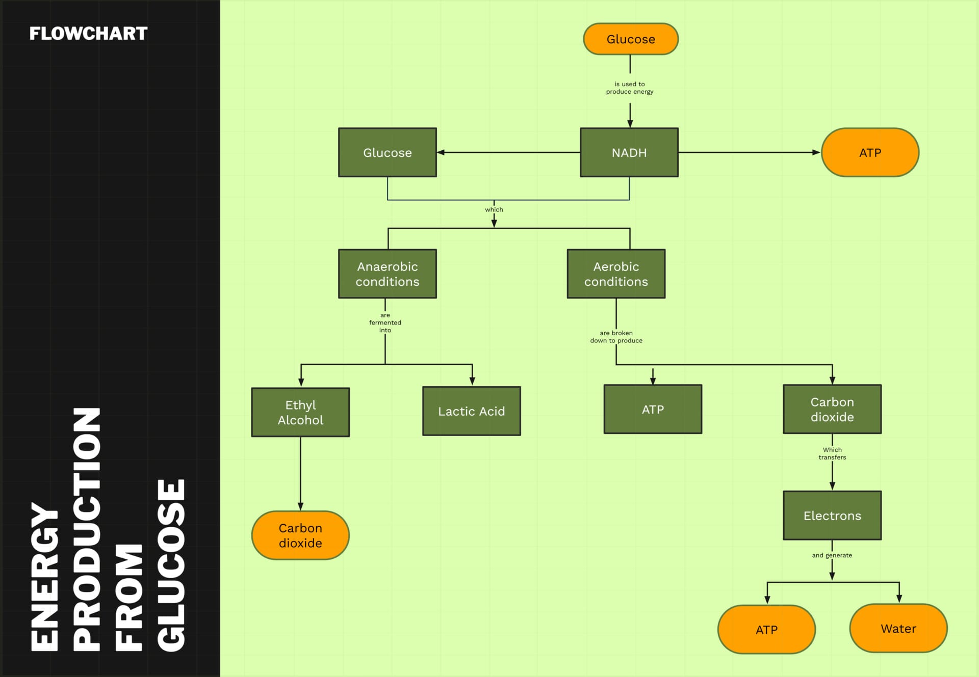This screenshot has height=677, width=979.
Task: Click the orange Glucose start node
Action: click(x=631, y=39)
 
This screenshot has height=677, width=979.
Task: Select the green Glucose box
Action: click(x=388, y=153)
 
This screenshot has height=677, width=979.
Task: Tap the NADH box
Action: click(x=629, y=153)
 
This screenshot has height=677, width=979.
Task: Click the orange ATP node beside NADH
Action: click(x=870, y=153)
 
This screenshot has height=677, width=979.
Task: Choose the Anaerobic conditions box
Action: click(x=388, y=274)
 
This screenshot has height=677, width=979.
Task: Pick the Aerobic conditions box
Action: click(x=616, y=274)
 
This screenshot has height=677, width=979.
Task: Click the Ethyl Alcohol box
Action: click(x=300, y=413)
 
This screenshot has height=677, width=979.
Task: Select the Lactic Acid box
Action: click(x=472, y=411)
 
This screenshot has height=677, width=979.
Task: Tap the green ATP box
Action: click(x=653, y=410)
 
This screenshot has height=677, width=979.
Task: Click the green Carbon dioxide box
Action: click(x=832, y=410)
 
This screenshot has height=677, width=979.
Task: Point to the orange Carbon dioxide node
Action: click(x=300, y=535)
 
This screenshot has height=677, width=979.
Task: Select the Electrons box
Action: click(x=832, y=516)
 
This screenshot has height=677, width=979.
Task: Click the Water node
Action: click(x=898, y=629)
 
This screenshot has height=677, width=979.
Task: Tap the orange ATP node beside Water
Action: click(x=766, y=630)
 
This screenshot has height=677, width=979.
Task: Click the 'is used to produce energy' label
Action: click(x=630, y=88)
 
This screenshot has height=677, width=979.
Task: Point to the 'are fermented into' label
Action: click(x=385, y=322)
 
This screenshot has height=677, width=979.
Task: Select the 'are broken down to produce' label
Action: click(x=616, y=337)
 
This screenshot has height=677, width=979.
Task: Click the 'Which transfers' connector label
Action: click(x=832, y=453)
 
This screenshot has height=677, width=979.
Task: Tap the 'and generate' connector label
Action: click(x=832, y=555)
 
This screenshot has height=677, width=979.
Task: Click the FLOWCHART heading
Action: click(x=88, y=34)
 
